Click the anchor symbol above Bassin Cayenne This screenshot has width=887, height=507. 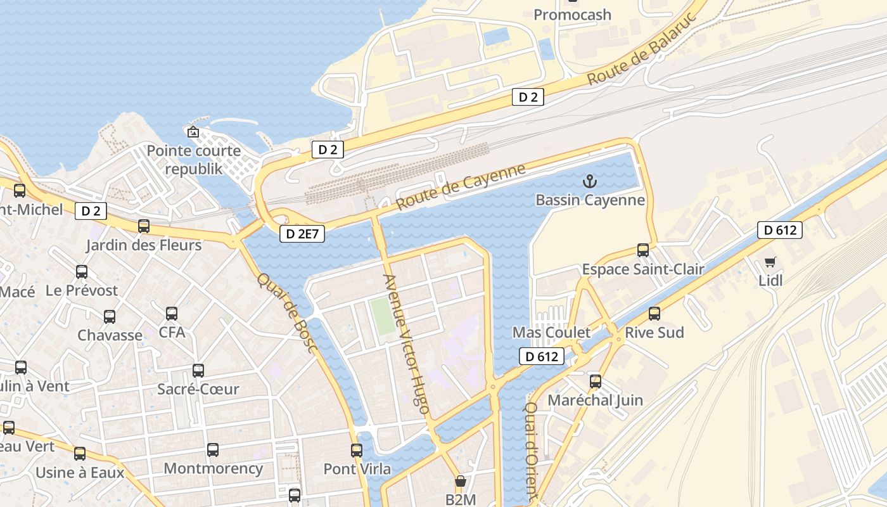[x=590, y=182]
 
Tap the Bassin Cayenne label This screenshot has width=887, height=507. [x=590, y=200]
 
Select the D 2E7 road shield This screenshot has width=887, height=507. [x=302, y=234]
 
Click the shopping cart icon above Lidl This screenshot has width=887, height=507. [x=770, y=262]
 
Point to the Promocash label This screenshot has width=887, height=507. [x=572, y=14]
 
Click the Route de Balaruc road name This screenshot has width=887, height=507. [x=641, y=49]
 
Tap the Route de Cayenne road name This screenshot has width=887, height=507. [x=461, y=187]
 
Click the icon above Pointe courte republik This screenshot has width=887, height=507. [x=193, y=132]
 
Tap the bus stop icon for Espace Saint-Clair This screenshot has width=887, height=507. [x=643, y=250]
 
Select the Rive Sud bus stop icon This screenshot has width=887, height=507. [x=654, y=313]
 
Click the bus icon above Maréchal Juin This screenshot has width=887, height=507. [x=596, y=381]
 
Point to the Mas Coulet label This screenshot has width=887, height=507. [x=551, y=333]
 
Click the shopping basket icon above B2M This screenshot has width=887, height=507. [x=461, y=481]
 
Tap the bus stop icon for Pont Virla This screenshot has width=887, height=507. [x=357, y=451]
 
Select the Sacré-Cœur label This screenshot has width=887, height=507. [x=198, y=389]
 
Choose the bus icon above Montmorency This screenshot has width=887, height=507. [x=213, y=450]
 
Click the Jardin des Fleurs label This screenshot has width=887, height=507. [x=144, y=245]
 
